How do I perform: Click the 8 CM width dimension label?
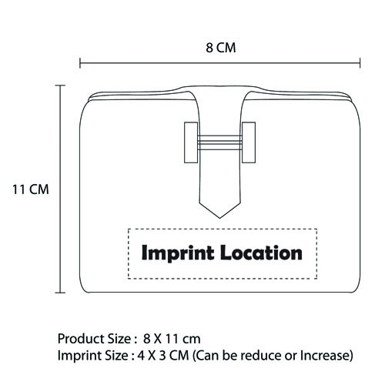pos(221,48)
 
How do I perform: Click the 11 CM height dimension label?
pos(31,189)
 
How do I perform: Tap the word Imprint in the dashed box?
pos(178,253)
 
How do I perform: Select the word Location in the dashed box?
pos(261,253)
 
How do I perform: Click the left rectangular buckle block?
pos(191,142)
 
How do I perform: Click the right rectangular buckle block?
pos(249,142)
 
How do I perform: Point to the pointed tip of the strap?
pos(220,218)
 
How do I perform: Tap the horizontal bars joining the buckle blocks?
pos(219,142)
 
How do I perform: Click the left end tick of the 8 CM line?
pos(80,63)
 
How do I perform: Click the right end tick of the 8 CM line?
pos(360,63)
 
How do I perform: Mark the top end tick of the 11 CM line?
pos(60,85)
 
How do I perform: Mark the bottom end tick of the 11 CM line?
pos(60,293)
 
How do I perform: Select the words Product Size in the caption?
pos(94,339)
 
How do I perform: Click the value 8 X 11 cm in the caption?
pos(172,339)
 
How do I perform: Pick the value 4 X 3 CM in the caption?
pos(163,356)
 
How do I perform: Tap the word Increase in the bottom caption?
pos(323,356)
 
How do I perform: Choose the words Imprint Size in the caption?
pos(92,356)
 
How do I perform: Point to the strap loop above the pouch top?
pos(220,89)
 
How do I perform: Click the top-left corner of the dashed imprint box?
pos(129,229)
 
